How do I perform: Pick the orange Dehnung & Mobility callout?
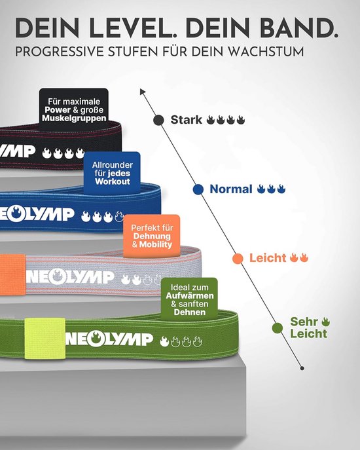152,236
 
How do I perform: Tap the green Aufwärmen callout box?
189,299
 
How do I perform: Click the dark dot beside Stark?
158,121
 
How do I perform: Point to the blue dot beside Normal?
198,189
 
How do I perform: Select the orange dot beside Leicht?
238,258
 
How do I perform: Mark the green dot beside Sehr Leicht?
278,328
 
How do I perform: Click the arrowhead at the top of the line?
142,91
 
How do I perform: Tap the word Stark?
186,120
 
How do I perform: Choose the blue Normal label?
231,189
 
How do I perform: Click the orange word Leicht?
267,258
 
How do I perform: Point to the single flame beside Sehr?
325,322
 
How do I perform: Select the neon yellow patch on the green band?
45,339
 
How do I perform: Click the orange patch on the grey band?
12,274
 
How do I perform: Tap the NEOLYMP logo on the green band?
109,340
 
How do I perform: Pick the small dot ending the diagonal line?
302,368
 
